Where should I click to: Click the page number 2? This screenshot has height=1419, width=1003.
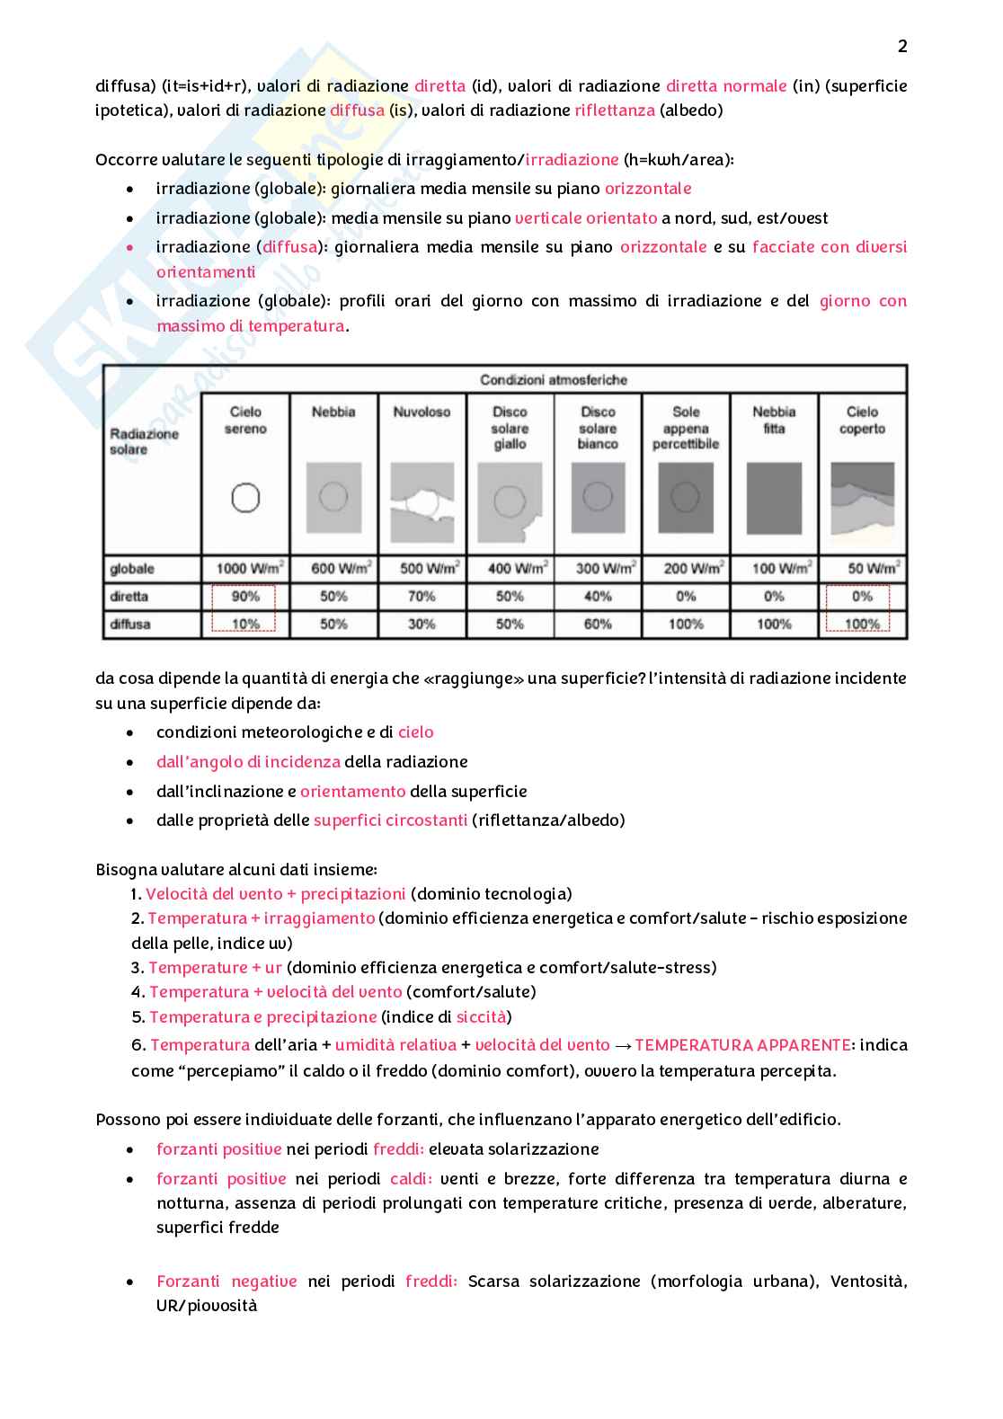coord(902,47)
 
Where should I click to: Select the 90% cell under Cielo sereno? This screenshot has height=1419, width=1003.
coord(245,597)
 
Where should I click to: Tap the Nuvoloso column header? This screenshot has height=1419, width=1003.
coord(422,412)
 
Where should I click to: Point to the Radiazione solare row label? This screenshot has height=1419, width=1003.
coord(144,441)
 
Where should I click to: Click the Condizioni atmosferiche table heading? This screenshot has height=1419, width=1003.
coord(554,380)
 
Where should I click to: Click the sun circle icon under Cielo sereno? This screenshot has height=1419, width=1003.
coord(245,498)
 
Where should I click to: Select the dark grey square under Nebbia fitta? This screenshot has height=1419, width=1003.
coord(774,499)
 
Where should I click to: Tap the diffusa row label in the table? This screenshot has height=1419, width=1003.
coord(130,625)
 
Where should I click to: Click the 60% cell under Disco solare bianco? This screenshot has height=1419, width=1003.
coord(598,625)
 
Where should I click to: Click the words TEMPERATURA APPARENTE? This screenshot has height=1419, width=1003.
coord(742,1045)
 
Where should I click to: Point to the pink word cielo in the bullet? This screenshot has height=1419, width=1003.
coord(416,732)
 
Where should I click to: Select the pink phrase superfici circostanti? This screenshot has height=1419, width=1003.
coord(390,820)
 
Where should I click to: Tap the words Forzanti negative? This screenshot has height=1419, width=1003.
coord(226,1282)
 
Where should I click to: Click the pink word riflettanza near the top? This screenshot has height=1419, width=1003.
coord(615,111)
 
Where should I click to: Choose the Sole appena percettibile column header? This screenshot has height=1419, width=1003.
coord(686,428)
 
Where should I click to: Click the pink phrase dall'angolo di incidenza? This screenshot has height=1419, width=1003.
coord(248,762)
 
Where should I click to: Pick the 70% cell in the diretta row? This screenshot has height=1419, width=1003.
coord(422,597)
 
